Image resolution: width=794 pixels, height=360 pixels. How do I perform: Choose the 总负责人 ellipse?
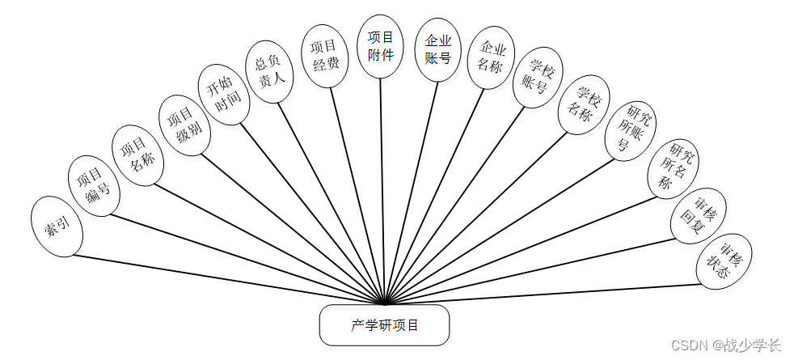(x=268, y=71)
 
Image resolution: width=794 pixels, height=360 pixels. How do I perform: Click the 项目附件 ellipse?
(x=381, y=47)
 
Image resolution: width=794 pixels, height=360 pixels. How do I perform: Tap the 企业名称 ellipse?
(x=490, y=58)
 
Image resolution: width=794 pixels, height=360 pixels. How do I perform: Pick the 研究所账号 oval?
(x=631, y=130)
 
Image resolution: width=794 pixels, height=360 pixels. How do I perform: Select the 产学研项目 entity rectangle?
(x=384, y=325)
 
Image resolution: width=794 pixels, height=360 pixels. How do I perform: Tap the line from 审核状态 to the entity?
(x=550, y=293)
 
